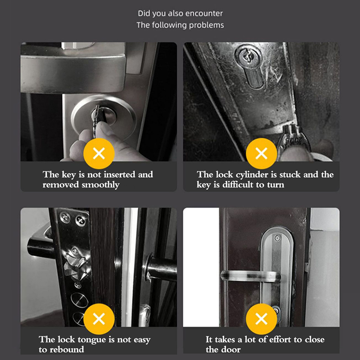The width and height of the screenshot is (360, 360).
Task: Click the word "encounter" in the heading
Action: click(204, 13)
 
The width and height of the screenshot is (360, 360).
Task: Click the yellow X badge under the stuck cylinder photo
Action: click(261, 153)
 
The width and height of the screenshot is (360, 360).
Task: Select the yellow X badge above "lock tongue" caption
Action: click(99, 319)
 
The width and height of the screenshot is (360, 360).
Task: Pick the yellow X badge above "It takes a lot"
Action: click(261, 319)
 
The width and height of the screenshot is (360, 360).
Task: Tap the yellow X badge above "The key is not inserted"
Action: click(99, 153)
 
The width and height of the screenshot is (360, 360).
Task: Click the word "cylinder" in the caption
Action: click(252, 175)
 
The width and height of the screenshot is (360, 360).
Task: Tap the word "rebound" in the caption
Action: click(67, 350)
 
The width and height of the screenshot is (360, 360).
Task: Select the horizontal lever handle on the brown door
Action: click(251, 276)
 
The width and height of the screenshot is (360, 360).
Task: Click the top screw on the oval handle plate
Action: click(277, 238)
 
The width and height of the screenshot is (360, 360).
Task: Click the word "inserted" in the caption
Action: click(119, 175)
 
